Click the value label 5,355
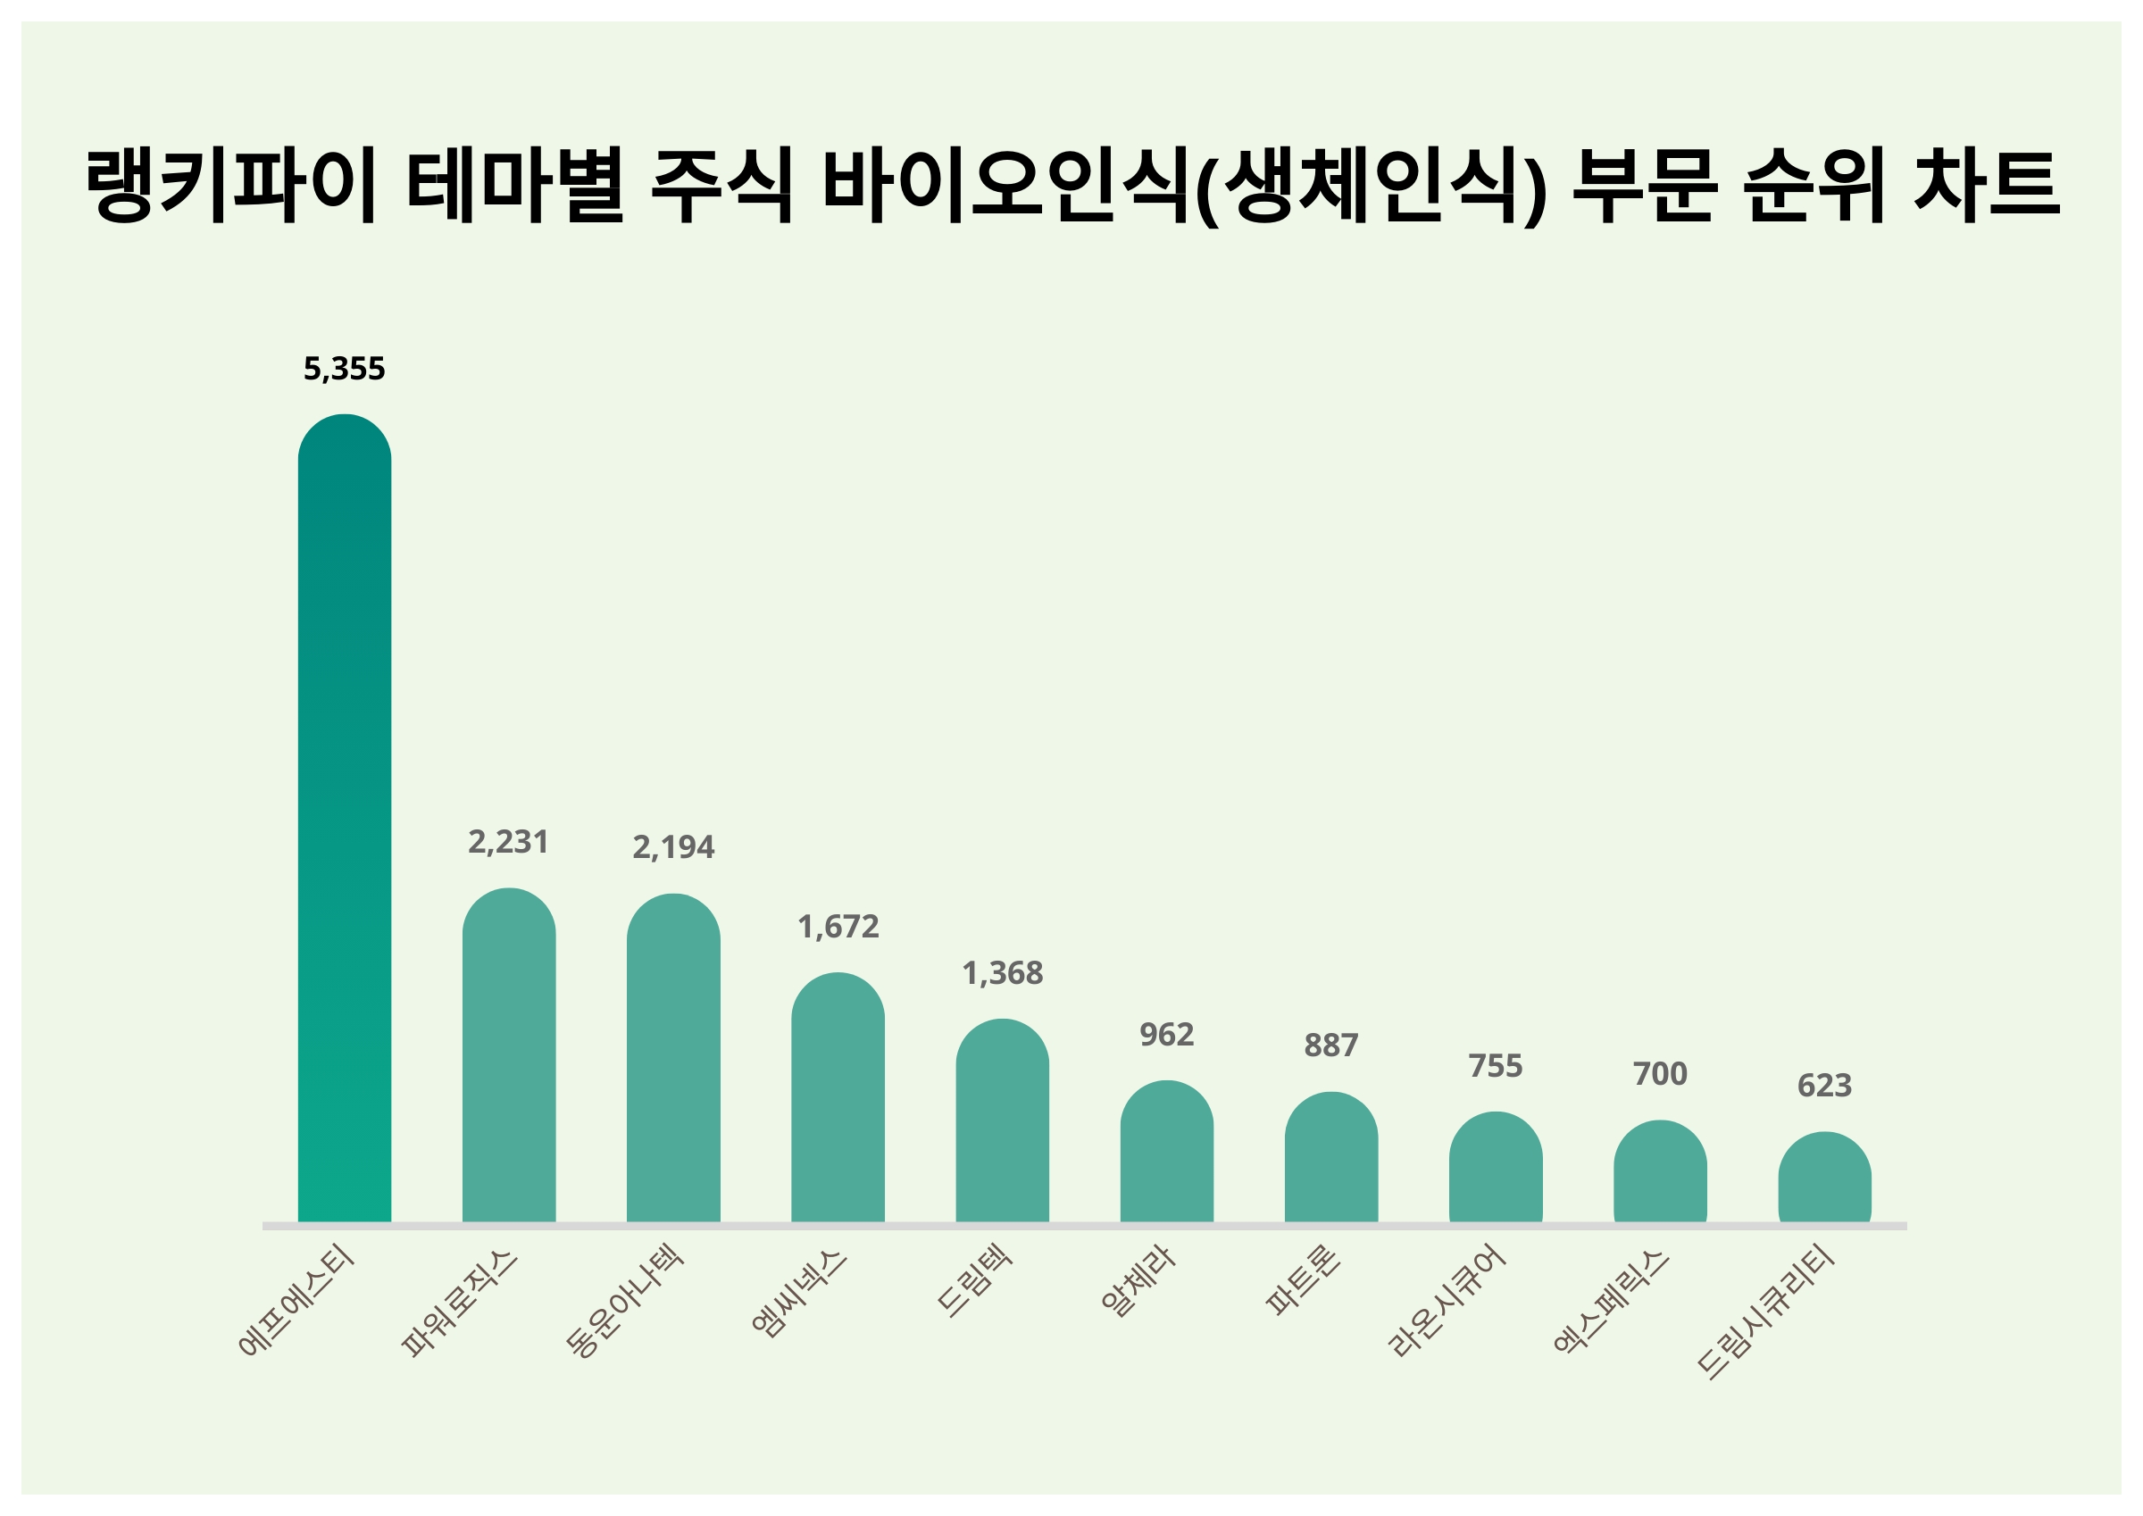(345, 370)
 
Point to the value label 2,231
(509, 843)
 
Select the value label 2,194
(673, 847)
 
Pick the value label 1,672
(838, 927)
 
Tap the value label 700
(1661, 1074)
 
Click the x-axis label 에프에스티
(296, 1300)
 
